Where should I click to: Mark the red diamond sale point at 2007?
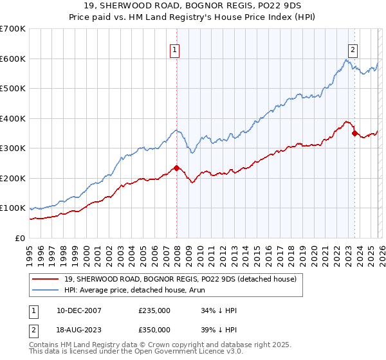[176, 168]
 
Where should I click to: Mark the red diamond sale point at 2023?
[354, 134]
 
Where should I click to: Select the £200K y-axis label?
[14, 178]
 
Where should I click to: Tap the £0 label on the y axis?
[20, 238]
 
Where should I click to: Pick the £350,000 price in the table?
[154, 329]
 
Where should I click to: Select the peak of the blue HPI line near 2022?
[345, 60]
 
